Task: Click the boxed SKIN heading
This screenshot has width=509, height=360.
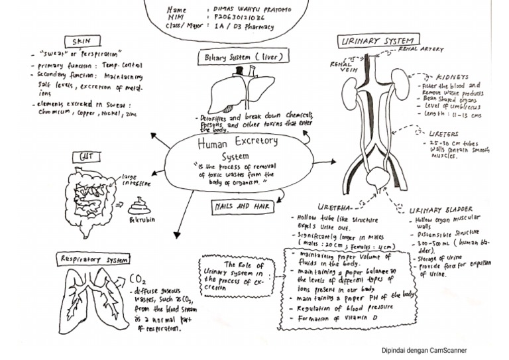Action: coord(82,41)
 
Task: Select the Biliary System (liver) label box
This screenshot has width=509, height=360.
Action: coord(244,58)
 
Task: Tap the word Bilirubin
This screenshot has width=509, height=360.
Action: coord(142,219)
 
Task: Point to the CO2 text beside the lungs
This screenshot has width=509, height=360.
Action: coord(138,279)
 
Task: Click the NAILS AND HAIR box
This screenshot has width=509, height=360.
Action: coord(244,207)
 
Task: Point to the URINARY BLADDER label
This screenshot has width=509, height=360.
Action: coord(441,210)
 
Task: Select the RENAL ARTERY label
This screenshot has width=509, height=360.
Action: coord(420,49)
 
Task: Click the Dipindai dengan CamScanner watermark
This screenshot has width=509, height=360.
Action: coord(424,351)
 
